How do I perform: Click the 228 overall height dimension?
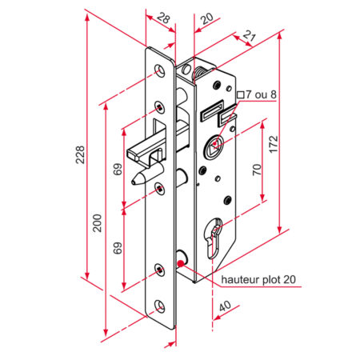coord(80,154)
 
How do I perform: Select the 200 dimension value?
coord(97,223)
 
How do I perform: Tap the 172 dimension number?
coord(274,144)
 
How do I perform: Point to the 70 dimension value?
coord(257,170)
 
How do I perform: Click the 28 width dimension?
coord(163,18)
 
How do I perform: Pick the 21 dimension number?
coord(249,35)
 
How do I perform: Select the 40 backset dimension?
coord(226,306)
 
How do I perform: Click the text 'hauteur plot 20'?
coord(258,279)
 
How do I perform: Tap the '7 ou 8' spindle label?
coord(261,94)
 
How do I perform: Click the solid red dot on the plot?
coord(181,263)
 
